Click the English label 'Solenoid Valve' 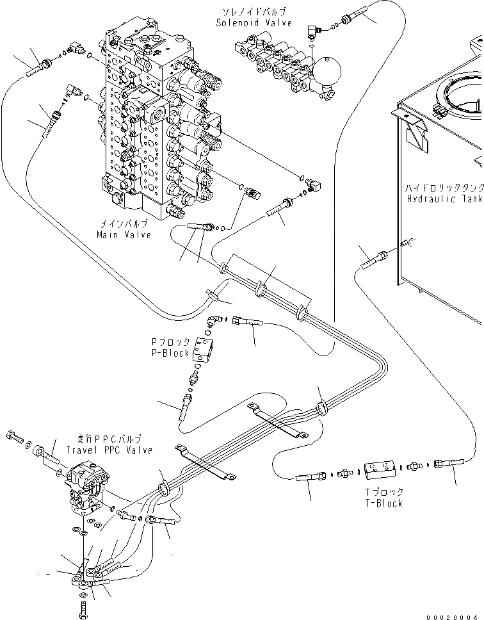coord(254,23)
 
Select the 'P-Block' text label coord(171,354)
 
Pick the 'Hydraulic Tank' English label coord(444,199)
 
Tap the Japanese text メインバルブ coord(124,224)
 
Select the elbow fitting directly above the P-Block coord(214,320)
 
